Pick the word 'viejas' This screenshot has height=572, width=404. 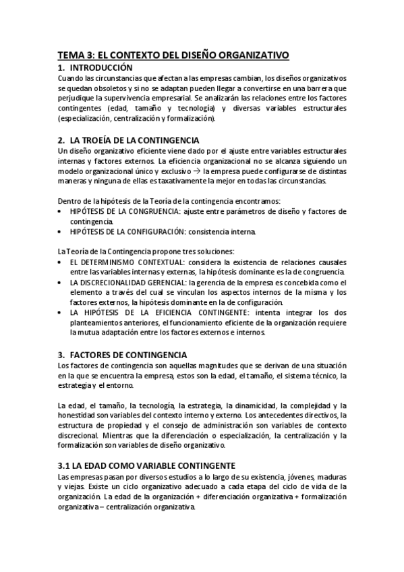(69, 486)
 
